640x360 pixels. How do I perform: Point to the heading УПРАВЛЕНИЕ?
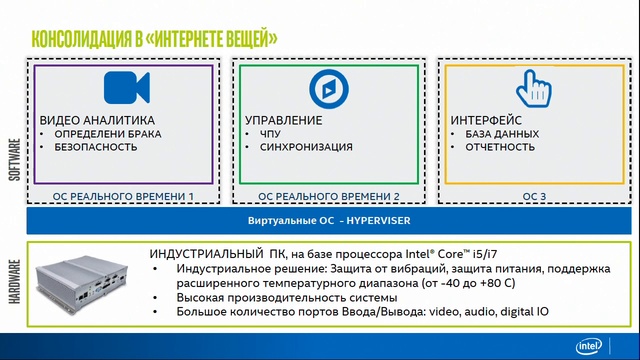point(284,120)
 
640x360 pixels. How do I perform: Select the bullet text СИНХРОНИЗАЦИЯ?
point(305,147)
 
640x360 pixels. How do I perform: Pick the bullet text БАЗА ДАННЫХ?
point(502,133)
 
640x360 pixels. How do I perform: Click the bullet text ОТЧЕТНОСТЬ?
point(500,147)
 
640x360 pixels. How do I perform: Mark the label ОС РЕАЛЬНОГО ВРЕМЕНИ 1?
point(124,196)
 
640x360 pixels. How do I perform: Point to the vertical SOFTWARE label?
point(14,159)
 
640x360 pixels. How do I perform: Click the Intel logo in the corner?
point(590,346)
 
